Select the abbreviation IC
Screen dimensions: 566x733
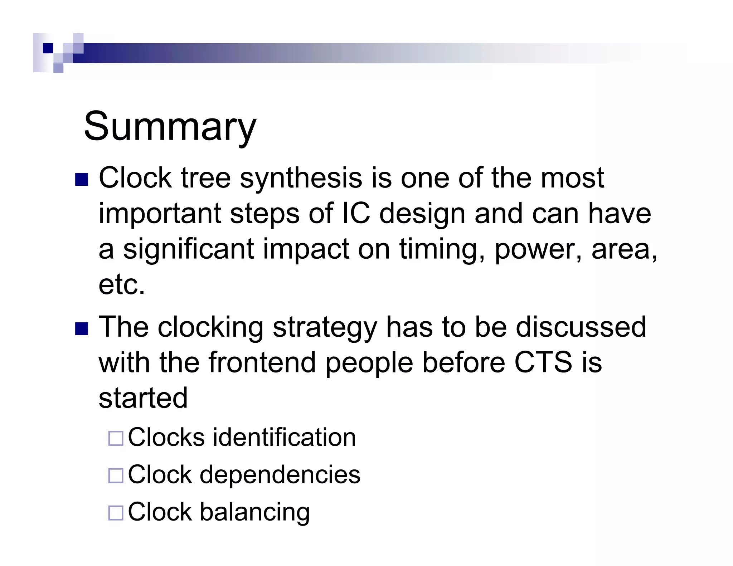[356, 213]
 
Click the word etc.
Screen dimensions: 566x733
[122, 285]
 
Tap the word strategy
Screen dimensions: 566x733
[325, 327]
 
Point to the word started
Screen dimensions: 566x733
[143, 398]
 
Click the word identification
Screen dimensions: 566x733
[285, 437]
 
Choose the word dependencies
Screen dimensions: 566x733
[280, 475]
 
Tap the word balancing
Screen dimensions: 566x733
[254, 512]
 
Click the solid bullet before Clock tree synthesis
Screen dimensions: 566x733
[82, 180]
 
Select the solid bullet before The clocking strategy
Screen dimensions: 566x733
[82, 329]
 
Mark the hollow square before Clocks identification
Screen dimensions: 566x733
[116, 438]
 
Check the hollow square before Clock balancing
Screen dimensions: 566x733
[116, 513]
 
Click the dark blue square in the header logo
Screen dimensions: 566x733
[48, 48]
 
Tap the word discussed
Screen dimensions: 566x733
[581, 327]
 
